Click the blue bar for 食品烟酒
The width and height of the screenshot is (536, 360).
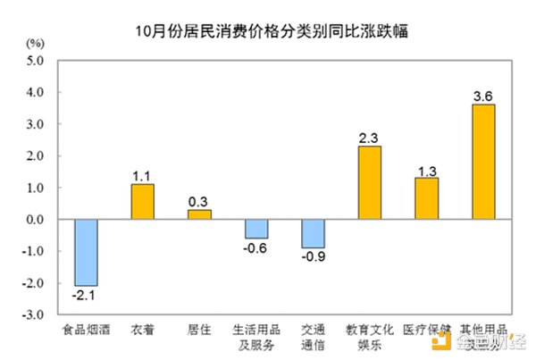tap(86, 252)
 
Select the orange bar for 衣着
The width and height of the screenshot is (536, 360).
tap(142, 202)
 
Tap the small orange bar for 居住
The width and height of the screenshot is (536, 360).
tap(198, 214)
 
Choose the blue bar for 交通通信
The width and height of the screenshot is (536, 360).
tap(313, 233)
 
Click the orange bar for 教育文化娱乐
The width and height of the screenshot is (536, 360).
tap(369, 182)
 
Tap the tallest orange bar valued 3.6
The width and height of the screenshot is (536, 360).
tap(482, 162)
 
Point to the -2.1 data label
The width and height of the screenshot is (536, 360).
tap(86, 294)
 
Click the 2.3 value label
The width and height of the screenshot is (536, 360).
tap(369, 138)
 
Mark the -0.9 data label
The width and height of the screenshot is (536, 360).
tap(313, 256)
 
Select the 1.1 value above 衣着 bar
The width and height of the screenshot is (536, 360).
tap(142, 176)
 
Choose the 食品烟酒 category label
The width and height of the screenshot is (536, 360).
tap(86, 329)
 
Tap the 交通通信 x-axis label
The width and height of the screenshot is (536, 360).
tap(313, 335)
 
